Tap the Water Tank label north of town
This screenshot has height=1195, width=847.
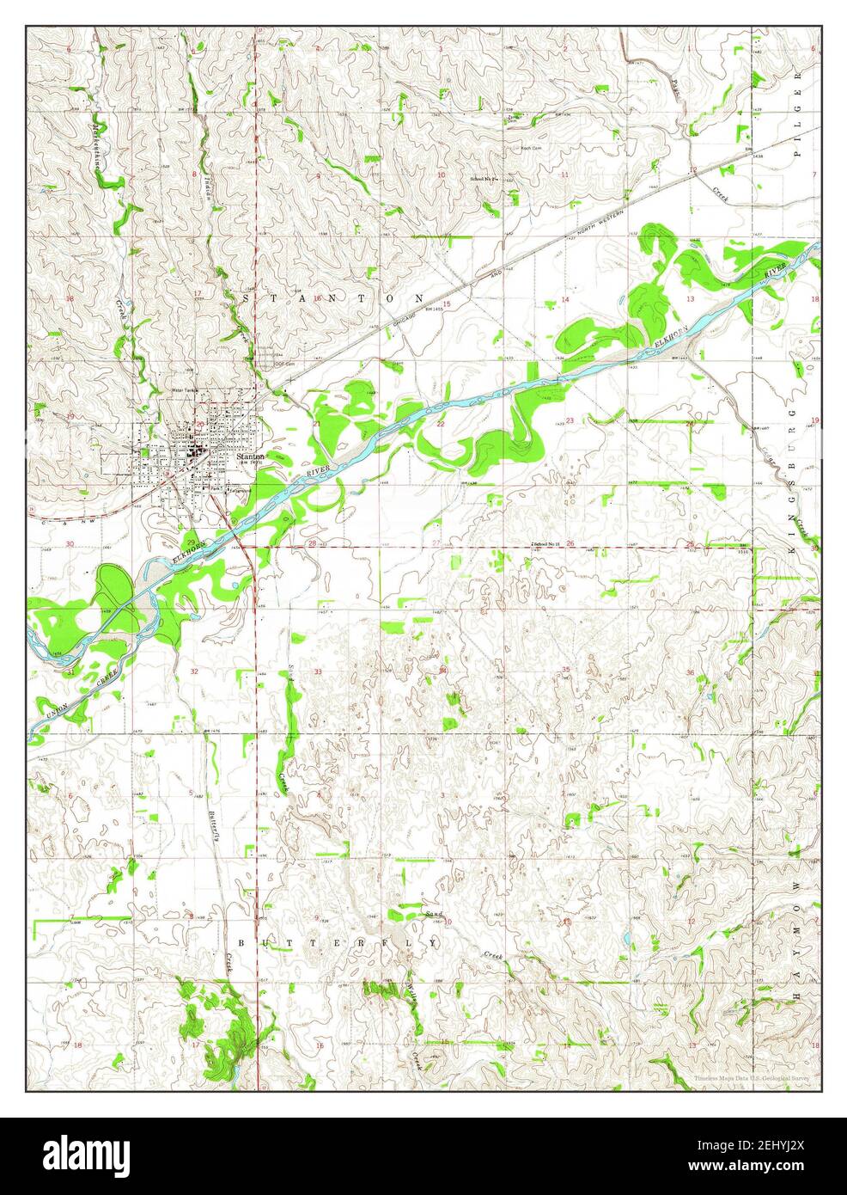pyautogui.click(x=185, y=391)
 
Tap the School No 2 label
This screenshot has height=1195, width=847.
pyautogui.click(x=484, y=179)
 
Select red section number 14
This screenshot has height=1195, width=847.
pyautogui.click(x=564, y=299)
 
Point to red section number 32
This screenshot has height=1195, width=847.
pyautogui.click(x=194, y=671)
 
